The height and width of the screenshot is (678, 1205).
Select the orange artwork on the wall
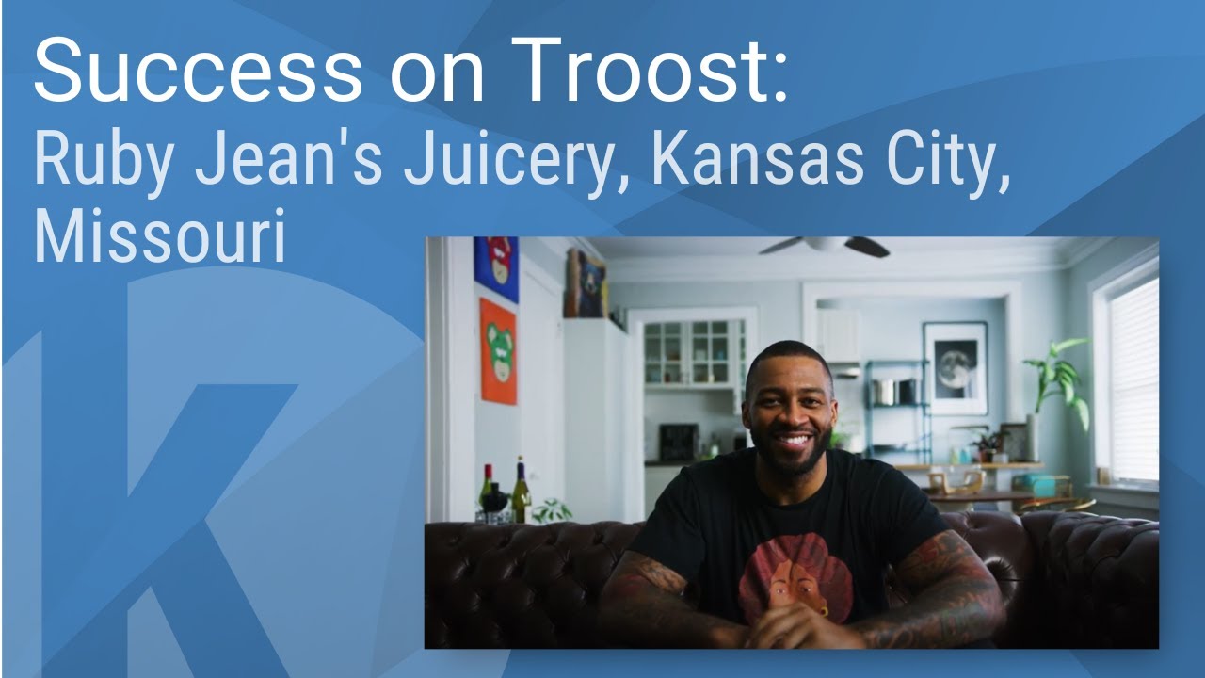(x=498, y=350)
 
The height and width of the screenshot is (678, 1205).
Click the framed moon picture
(x=955, y=368)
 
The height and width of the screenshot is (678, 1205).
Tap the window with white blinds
(x=1133, y=377)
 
